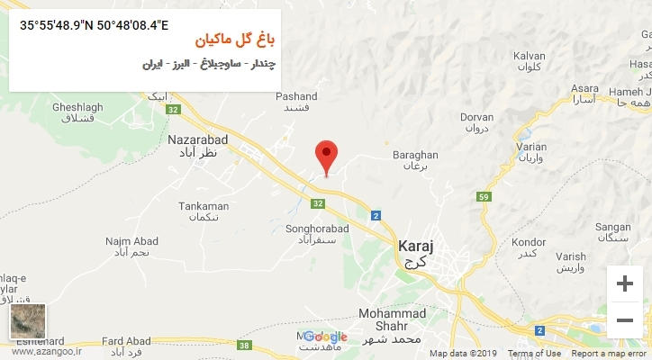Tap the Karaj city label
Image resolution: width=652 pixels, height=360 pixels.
pyautogui.click(x=416, y=244)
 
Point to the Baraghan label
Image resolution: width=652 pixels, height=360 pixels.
pyautogui.click(x=414, y=155)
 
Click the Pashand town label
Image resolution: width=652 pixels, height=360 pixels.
pyautogui.click(x=296, y=96)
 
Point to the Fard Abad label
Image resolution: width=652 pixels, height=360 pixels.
pyautogui.click(x=124, y=341)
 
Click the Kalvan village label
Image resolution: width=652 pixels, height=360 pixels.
pyautogui.click(x=530, y=56)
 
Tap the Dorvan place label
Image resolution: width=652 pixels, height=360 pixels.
pyautogui.click(x=477, y=117)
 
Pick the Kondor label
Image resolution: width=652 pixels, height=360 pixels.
pyautogui.click(x=528, y=242)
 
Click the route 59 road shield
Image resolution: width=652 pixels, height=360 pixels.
pyautogui.click(x=509, y=196)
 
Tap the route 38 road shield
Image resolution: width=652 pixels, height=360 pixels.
pyautogui.click(x=245, y=345)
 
